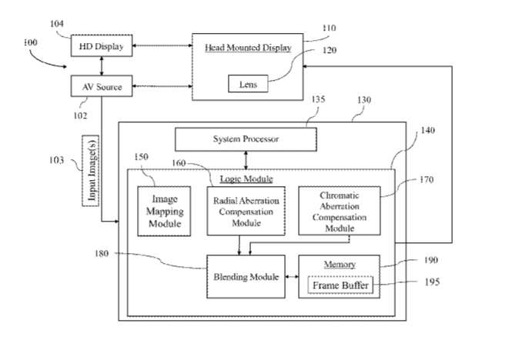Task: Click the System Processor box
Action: coord(246,139)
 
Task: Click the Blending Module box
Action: coord(246,276)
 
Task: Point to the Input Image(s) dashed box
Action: coord(91,169)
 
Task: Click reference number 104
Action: coord(57,24)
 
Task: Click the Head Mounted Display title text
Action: coord(248,48)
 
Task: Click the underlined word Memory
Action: coord(339,265)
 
